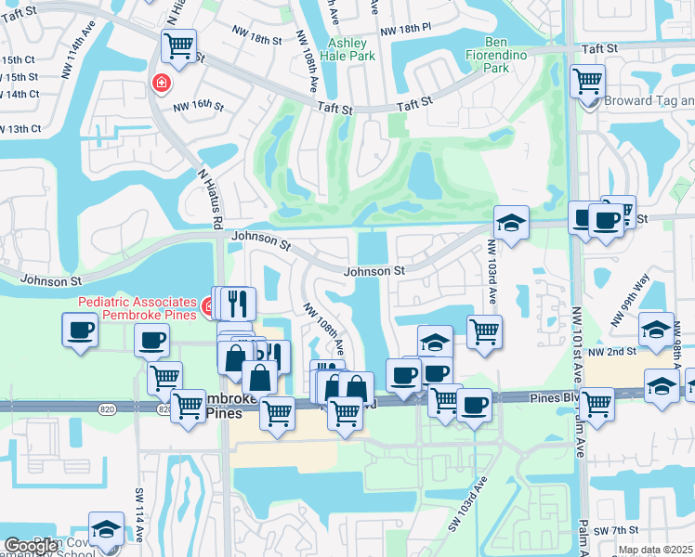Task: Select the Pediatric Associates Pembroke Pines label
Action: pyautogui.click(x=138, y=307)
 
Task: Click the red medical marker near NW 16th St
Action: pyautogui.click(x=162, y=84)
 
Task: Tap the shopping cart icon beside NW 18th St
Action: pyautogui.click(x=178, y=45)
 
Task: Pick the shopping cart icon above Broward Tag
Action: pyautogui.click(x=587, y=82)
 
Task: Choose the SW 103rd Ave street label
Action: pyautogui.click(x=466, y=503)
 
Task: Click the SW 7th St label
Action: pyautogui.click(x=614, y=529)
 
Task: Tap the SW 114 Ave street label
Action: pyautogui.click(x=140, y=515)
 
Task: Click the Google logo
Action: pyautogui.click(x=32, y=545)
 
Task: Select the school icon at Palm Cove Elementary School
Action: pyautogui.click(x=106, y=529)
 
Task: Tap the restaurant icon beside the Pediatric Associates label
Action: pyautogui.click(x=239, y=302)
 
